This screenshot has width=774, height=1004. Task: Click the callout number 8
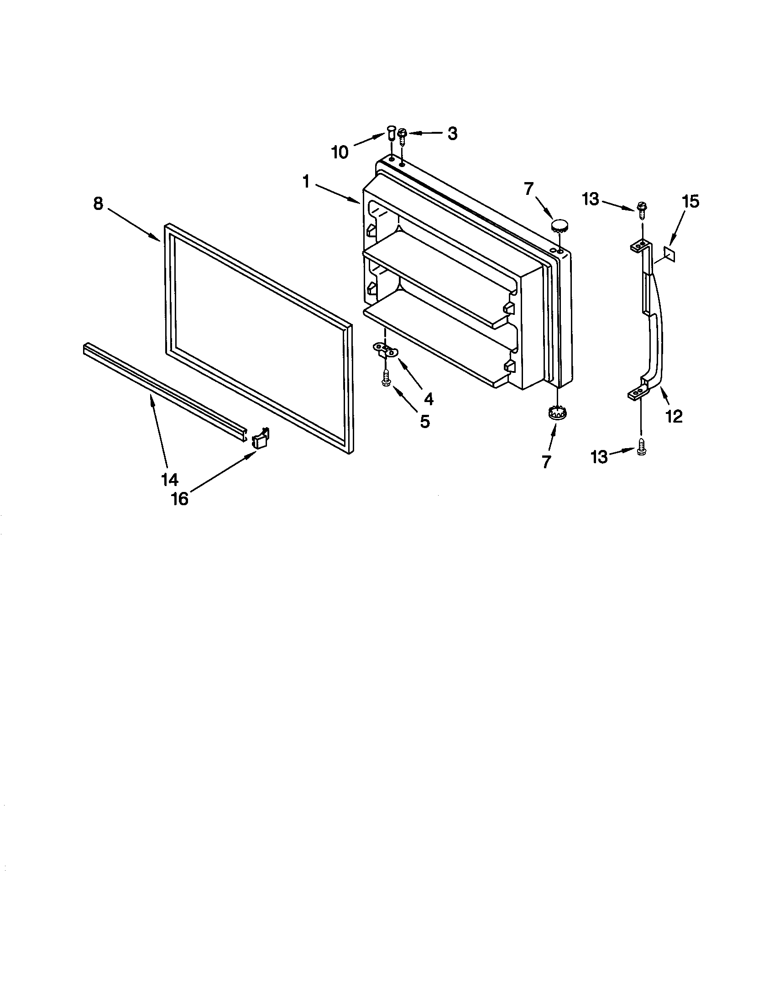[x=99, y=204]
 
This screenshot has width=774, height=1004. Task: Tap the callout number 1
[x=306, y=182]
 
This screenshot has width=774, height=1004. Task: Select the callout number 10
[x=340, y=152]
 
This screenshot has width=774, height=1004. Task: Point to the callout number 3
[x=452, y=133]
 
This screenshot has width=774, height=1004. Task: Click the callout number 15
[x=691, y=201]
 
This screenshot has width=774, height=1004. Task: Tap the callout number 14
[x=169, y=480]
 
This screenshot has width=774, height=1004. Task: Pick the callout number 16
[x=180, y=499]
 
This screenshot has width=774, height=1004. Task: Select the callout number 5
[x=425, y=421]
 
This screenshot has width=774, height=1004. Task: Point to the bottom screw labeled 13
[x=642, y=451]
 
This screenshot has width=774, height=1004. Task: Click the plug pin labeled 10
[x=391, y=134]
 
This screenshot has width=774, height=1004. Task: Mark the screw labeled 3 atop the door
[x=402, y=136]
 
